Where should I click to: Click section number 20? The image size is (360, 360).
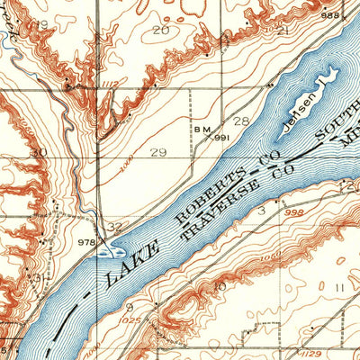[x=161, y=31]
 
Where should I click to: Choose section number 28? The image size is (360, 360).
[x=241, y=121]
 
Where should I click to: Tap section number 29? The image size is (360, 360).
[x=159, y=153]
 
